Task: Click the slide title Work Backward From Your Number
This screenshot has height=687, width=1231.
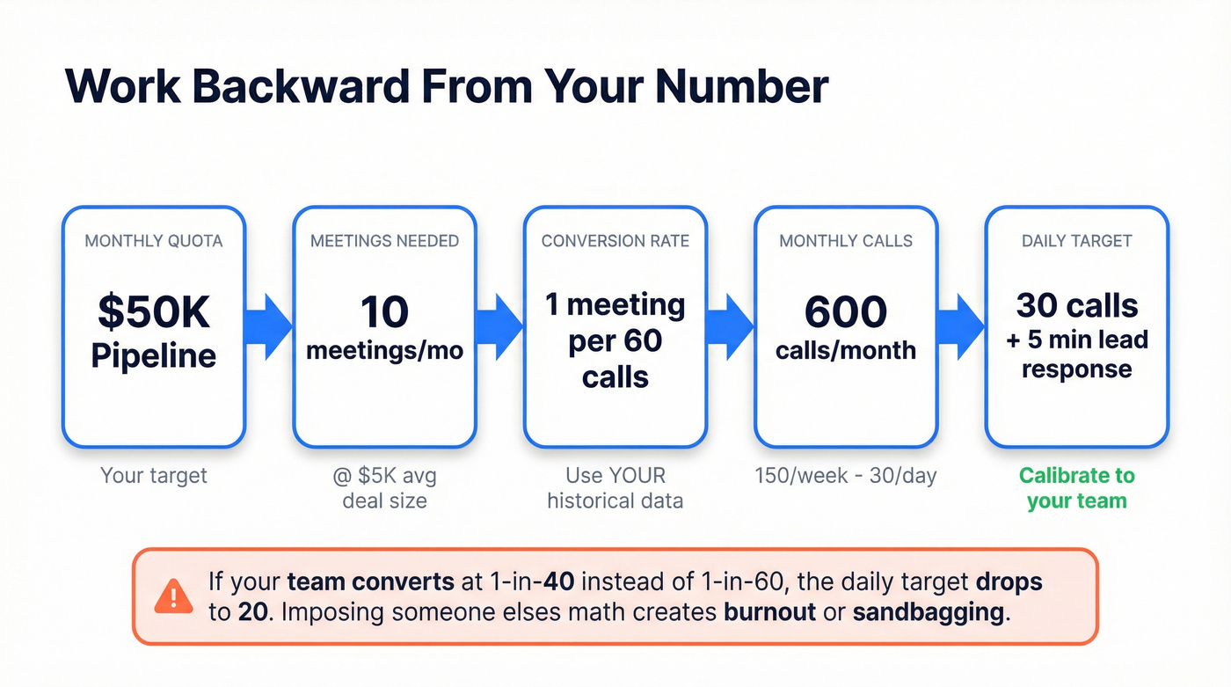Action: click(447, 86)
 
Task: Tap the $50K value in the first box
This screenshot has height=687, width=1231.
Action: click(153, 311)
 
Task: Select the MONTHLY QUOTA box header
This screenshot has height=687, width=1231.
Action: click(153, 240)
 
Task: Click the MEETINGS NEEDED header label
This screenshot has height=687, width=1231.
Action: click(384, 240)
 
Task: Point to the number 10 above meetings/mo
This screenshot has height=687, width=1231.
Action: click(384, 311)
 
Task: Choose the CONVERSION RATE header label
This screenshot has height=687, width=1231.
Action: click(615, 240)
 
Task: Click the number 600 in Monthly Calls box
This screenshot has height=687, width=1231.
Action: click(846, 311)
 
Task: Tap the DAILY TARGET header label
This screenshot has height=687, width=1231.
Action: click(1076, 240)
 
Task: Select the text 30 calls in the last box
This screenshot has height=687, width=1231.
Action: click(1076, 305)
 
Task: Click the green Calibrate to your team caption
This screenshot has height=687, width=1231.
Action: click(1076, 488)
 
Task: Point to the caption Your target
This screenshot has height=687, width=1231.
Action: click(153, 476)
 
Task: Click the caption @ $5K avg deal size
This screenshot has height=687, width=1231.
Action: click(384, 488)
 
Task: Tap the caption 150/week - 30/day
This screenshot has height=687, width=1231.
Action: click(846, 476)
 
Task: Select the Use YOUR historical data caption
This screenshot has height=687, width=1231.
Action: click(615, 488)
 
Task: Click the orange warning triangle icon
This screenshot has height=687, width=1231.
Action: click(173, 596)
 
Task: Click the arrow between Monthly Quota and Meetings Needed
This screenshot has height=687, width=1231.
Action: click(270, 326)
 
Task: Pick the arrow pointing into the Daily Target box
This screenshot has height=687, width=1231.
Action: click(961, 326)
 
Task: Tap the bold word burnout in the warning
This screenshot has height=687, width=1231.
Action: click(769, 611)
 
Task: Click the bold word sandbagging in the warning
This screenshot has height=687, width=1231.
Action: click(928, 611)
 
